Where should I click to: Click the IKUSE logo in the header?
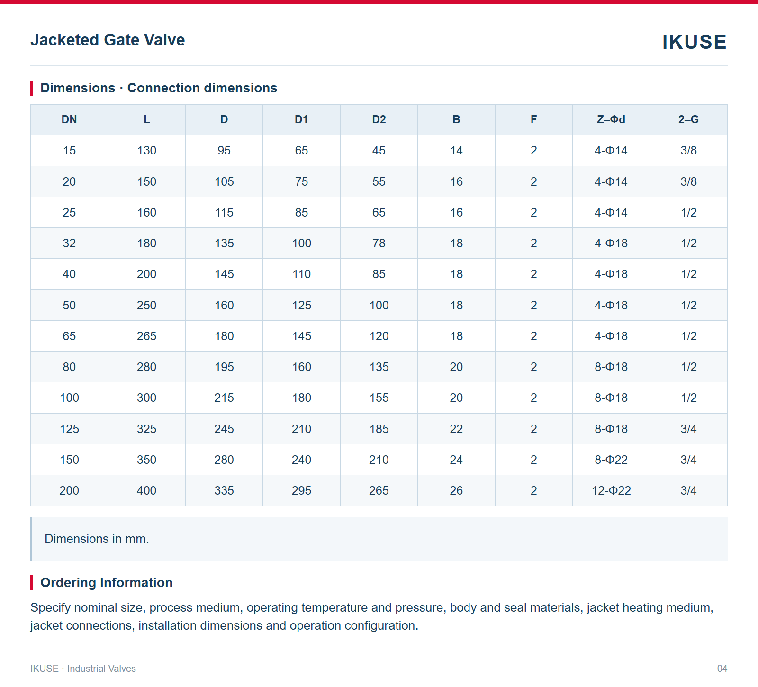tap(694, 42)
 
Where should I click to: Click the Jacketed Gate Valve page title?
tap(108, 40)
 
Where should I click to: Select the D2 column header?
tap(379, 119)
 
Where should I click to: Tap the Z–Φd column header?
tap(611, 119)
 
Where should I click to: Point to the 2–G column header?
tap(688, 119)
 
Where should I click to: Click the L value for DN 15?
tap(147, 150)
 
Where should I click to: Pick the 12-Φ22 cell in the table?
tap(611, 490)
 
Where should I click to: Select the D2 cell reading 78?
tap(379, 243)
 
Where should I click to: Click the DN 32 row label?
tap(69, 243)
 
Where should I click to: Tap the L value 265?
tap(147, 336)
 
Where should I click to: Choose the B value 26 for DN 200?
tap(456, 490)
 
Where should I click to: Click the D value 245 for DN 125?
tap(224, 429)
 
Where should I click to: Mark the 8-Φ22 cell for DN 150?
tap(611, 460)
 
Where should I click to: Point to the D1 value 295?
tap(302, 490)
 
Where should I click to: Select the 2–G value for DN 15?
tap(688, 150)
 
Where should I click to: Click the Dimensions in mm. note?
tap(97, 539)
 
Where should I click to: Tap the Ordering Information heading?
tap(107, 582)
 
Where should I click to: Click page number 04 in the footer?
tap(722, 669)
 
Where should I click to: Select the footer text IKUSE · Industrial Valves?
tap(83, 669)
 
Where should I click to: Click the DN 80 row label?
tap(69, 367)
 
